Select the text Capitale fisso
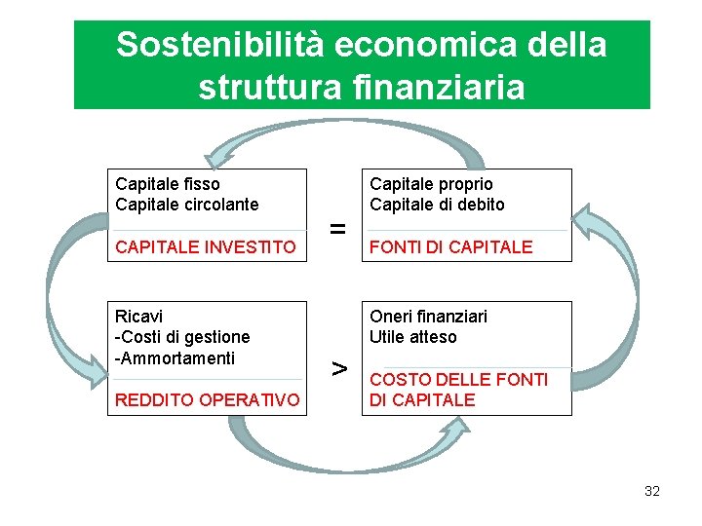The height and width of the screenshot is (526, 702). [x=168, y=184]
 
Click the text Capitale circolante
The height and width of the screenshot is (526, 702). [x=187, y=205]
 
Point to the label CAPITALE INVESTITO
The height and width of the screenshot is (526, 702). [x=205, y=247]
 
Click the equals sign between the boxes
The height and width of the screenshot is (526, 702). [x=337, y=230]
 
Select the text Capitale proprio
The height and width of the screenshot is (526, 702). [x=431, y=184]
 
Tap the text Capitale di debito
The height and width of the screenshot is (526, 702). [x=437, y=205]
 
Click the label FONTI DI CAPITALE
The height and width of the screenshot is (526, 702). [x=451, y=247]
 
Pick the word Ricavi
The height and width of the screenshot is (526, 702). [x=139, y=317]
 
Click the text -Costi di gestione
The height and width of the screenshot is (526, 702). [x=182, y=337]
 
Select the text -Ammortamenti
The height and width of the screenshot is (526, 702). [x=175, y=357]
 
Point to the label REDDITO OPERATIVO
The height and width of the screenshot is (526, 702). [x=208, y=399]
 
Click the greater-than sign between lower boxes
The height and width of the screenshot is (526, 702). [x=337, y=368]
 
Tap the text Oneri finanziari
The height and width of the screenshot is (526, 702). [x=428, y=317]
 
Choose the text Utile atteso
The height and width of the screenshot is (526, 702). [x=412, y=337]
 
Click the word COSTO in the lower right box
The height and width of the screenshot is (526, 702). [x=399, y=379]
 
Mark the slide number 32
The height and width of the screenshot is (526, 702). [x=652, y=491]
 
